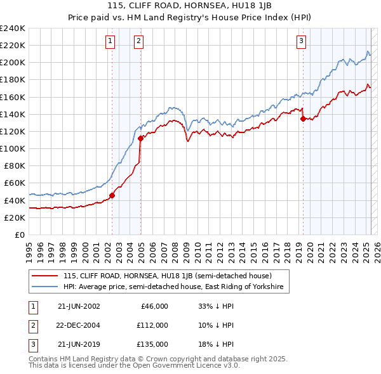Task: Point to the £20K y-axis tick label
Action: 15,217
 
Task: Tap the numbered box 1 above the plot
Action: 110,42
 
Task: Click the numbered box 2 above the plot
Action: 138,42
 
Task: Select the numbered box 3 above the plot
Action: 301,42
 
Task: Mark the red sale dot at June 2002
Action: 112,195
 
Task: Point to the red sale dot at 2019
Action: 303,119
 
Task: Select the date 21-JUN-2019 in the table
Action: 79,344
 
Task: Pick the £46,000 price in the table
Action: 153,306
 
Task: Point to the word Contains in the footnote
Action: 43,359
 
